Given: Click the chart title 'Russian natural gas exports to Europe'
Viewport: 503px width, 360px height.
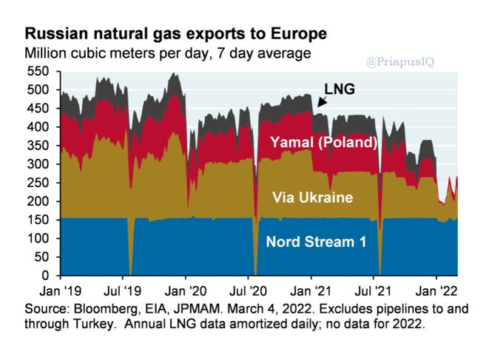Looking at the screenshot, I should point(176,35).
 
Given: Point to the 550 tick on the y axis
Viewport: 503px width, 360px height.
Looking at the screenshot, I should point(39,72).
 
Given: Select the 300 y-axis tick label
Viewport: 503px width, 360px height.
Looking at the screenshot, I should point(39,164).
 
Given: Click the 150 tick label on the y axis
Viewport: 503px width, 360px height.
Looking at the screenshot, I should point(39,220).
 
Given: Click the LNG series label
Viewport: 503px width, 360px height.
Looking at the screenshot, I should point(340,89).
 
